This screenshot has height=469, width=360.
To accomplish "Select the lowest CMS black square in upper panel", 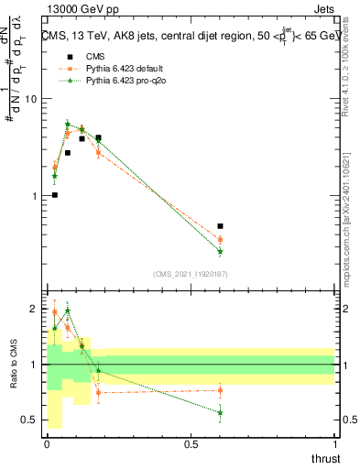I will coord(55,194).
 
